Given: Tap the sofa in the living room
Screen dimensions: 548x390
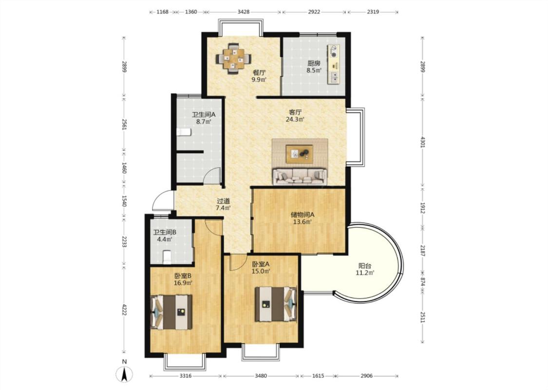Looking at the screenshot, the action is [x=300, y=176].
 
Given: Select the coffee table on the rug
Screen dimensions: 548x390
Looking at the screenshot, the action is [x=299, y=154].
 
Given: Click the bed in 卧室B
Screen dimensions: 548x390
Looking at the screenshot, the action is [x=171, y=312].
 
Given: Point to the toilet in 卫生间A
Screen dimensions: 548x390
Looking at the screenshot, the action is [x=184, y=132].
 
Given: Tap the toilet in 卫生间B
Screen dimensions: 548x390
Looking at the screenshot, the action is [x=167, y=257].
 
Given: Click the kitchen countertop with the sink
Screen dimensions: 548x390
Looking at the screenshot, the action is [x=334, y=64].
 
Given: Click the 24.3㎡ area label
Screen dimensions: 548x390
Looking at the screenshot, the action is [x=295, y=119].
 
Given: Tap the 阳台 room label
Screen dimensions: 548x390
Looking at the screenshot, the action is [x=364, y=266].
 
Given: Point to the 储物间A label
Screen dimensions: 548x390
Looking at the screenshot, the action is [x=302, y=214].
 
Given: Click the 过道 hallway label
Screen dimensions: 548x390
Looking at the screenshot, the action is [x=223, y=201].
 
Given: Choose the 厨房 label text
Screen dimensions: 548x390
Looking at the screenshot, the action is [x=314, y=63].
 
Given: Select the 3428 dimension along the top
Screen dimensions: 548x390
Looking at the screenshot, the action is [x=244, y=12].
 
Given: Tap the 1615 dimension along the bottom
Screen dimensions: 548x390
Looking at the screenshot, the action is [x=318, y=376].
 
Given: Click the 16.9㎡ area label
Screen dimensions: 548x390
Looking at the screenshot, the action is [x=183, y=283].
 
